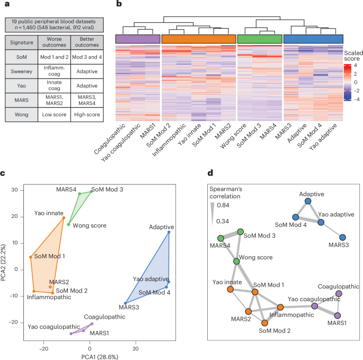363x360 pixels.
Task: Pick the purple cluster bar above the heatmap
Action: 138,39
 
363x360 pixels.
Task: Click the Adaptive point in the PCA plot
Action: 169,232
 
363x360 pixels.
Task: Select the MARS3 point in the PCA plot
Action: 125,303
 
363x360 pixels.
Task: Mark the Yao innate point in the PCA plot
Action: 64,218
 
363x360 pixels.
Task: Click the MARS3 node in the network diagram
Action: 342,238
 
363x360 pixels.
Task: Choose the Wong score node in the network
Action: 236,261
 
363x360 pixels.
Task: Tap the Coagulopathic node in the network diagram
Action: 339,294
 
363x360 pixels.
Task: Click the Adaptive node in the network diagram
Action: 308,202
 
